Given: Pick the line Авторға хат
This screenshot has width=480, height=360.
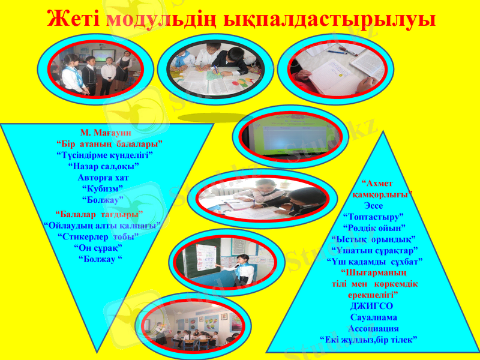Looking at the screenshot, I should [103, 178].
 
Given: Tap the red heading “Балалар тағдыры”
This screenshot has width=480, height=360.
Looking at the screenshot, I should [99, 214].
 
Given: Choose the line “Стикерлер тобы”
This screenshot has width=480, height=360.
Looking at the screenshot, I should [98, 236].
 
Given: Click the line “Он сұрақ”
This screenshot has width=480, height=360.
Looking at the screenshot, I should [98, 247].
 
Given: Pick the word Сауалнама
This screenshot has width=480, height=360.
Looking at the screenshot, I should [373, 317].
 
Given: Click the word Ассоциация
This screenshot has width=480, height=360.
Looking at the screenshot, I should [373, 329].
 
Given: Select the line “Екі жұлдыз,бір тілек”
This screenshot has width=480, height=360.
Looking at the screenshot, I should [368, 340].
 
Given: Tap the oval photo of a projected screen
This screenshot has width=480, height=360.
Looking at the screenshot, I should [289, 137].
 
